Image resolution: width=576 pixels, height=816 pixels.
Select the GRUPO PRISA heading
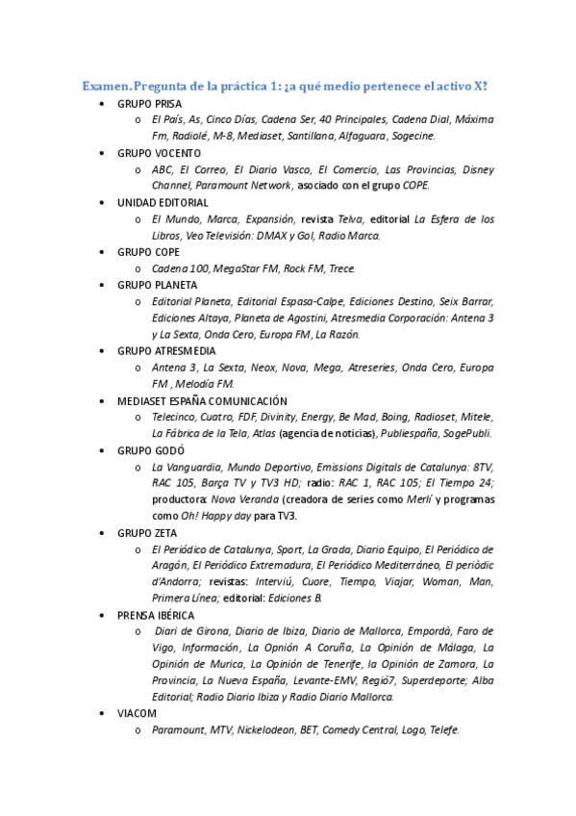pyautogui.click(x=149, y=104)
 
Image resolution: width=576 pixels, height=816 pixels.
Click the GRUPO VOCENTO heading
pyautogui.click(x=159, y=153)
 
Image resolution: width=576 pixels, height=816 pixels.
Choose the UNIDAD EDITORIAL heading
pyautogui.click(x=162, y=203)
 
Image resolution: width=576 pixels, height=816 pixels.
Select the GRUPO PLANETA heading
pyautogui.click(x=157, y=285)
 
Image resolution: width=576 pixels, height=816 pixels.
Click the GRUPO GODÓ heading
pyautogui.click(x=151, y=450)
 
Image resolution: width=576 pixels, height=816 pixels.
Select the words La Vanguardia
pyautogui.click(x=186, y=467)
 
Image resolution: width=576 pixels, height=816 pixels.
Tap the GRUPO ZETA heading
pyautogui.click(x=149, y=532)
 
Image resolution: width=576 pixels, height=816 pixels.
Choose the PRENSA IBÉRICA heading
pyautogui.click(x=156, y=614)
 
